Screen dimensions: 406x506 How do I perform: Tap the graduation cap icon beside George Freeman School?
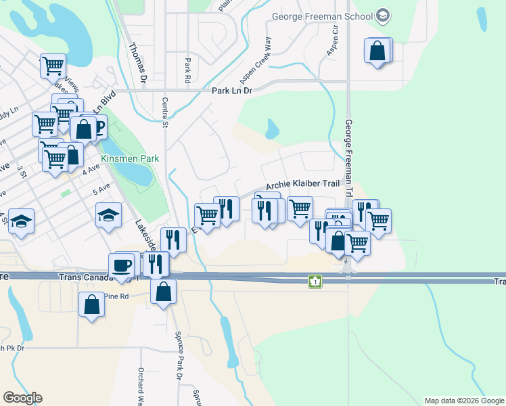[x=382, y=16]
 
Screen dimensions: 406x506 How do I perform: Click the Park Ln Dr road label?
[x=231, y=90]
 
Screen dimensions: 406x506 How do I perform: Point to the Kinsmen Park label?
[x=120, y=158]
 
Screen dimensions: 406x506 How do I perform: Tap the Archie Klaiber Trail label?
[x=302, y=185]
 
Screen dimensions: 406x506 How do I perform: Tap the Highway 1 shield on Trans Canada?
[x=315, y=281]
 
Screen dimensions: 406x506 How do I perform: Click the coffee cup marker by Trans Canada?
[x=122, y=265]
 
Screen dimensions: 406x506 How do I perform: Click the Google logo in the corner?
[x=22, y=398]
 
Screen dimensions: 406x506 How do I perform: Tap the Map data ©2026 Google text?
[x=463, y=401]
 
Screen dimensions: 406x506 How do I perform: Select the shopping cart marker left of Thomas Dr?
[x=53, y=66]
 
